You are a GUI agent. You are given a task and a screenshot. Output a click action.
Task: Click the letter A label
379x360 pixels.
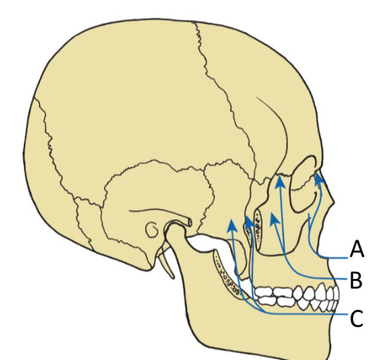tap(356, 249)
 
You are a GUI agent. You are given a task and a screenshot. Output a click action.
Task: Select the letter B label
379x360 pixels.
tap(356, 280)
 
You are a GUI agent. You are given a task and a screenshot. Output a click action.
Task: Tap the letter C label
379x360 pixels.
tap(356, 318)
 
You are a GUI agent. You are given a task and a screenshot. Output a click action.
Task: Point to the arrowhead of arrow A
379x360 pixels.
tap(320, 179)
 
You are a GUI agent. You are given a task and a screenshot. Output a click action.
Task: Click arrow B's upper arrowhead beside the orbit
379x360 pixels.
tap(280, 182)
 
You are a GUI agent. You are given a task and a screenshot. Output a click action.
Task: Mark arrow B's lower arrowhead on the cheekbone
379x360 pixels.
tap(275, 218)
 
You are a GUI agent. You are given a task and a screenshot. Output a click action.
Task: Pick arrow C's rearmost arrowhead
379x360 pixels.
tap(232, 225)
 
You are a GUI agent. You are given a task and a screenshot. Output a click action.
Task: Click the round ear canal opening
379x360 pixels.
tap(151, 230)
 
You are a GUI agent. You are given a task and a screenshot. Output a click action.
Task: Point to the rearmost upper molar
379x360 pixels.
tap(264, 292)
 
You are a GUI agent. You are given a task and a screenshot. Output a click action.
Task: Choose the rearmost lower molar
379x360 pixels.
tap(267, 301)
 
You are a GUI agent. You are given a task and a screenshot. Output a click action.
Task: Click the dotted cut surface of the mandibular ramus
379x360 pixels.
tap(226, 275)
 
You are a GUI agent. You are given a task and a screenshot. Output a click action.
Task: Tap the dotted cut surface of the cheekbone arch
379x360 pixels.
tap(259, 228)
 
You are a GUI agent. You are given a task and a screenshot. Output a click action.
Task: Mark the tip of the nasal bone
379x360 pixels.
tap(334, 200)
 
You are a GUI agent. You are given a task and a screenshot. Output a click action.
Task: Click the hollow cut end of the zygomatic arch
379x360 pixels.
tap(189, 222)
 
